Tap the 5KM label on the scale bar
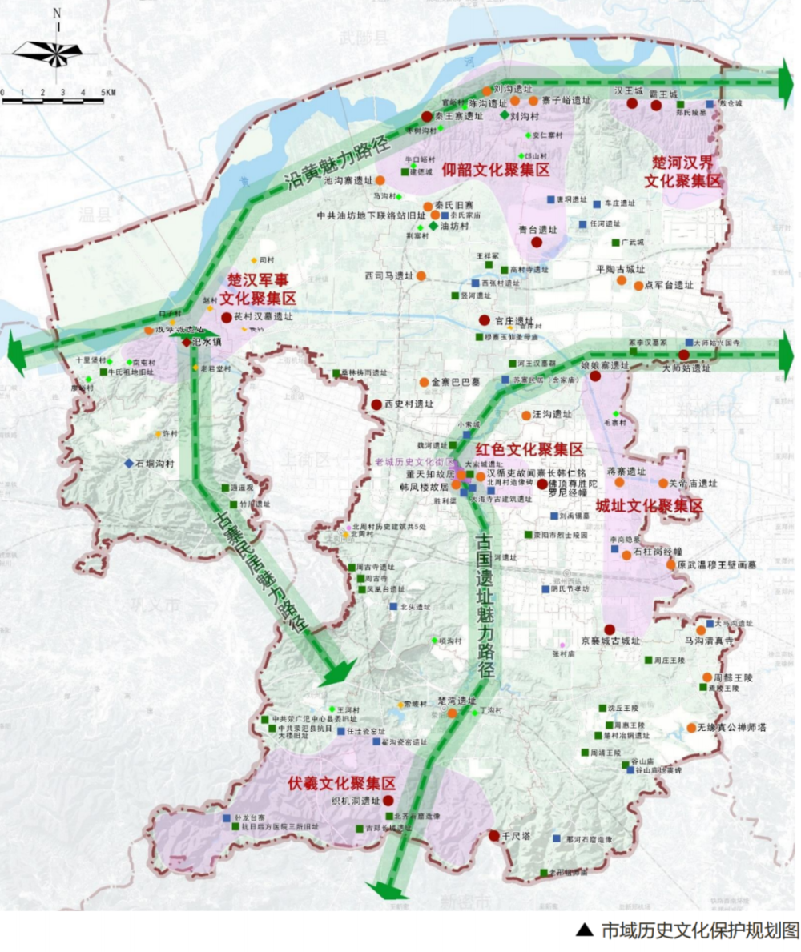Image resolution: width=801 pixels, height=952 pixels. (x=108, y=93)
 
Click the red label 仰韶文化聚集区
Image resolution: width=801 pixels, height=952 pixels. (x=486, y=170)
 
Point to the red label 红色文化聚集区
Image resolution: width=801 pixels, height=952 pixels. (x=529, y=449)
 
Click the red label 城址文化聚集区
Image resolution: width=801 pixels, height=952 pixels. (x=650, y=506)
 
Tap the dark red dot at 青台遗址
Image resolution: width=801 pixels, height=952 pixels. (x=537, y=242)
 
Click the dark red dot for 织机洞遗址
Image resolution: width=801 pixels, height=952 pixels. (x=388, y=801)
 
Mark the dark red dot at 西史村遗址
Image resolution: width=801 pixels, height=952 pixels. (x=376, y=404)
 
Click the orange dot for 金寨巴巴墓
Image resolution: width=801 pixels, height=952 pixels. (x=424, y=381)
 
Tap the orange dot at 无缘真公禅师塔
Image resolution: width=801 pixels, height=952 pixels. (x=691, y=728)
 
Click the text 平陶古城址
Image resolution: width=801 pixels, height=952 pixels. (x=621, y=269)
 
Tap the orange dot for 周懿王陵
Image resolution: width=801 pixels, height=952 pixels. (x=707, y=677)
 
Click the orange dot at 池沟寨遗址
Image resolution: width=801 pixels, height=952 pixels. (x=381, y=180)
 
